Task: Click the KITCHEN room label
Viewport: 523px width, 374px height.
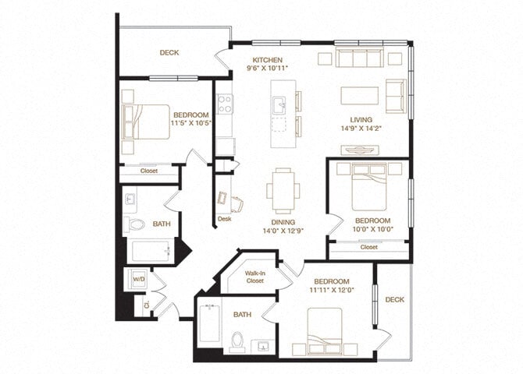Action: pos(266,60)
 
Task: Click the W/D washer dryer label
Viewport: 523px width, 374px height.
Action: pos(139,278)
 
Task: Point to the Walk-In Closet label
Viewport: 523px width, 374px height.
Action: pos(254,277)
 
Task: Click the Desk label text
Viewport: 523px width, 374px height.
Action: pos(225,219)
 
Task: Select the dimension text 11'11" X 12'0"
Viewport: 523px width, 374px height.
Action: pos(332,290)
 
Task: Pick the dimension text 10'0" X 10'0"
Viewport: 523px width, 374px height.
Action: pos(366,230)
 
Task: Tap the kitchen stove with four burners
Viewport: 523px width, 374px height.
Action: pos(225,104)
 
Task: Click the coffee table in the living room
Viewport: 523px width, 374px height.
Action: pos(359,95)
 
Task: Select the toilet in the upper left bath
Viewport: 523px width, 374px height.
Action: pos(136,225)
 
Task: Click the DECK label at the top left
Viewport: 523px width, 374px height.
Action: pos(169,53)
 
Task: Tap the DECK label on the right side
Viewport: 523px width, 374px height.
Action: pos(394,299)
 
